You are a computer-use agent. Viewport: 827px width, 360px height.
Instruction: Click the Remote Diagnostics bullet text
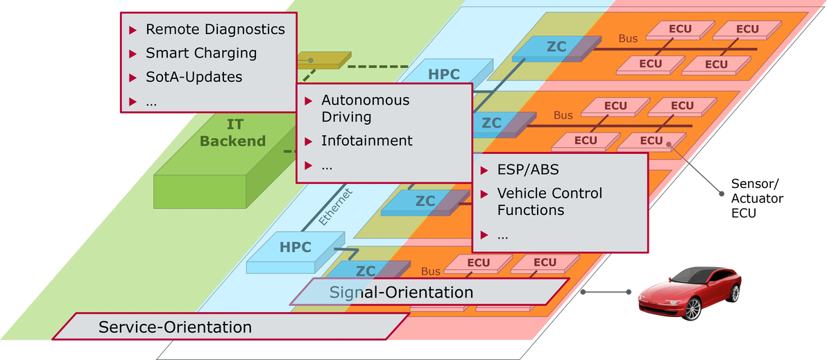[215, 30]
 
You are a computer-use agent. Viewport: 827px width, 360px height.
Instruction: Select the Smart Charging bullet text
[201, 53]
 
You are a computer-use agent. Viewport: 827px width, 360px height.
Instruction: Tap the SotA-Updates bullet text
[194, 77]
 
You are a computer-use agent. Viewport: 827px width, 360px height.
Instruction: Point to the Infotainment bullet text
[367, 141]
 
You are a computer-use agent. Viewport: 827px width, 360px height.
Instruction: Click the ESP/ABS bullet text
[528, 170]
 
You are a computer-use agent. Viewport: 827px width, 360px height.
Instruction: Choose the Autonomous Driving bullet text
[366, 108]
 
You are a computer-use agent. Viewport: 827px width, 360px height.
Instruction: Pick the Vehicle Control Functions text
[550, 202]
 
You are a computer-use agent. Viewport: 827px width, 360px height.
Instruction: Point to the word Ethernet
[336, 207]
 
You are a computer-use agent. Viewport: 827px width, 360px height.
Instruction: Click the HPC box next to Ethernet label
[296, 248]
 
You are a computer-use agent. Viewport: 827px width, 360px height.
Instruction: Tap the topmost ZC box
[555, 48]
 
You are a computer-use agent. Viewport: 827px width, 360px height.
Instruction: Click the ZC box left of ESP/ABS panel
[425, 202]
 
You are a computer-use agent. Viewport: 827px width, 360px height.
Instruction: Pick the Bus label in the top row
[628, 40]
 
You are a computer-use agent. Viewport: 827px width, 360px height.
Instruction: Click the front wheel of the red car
[692, 309]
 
